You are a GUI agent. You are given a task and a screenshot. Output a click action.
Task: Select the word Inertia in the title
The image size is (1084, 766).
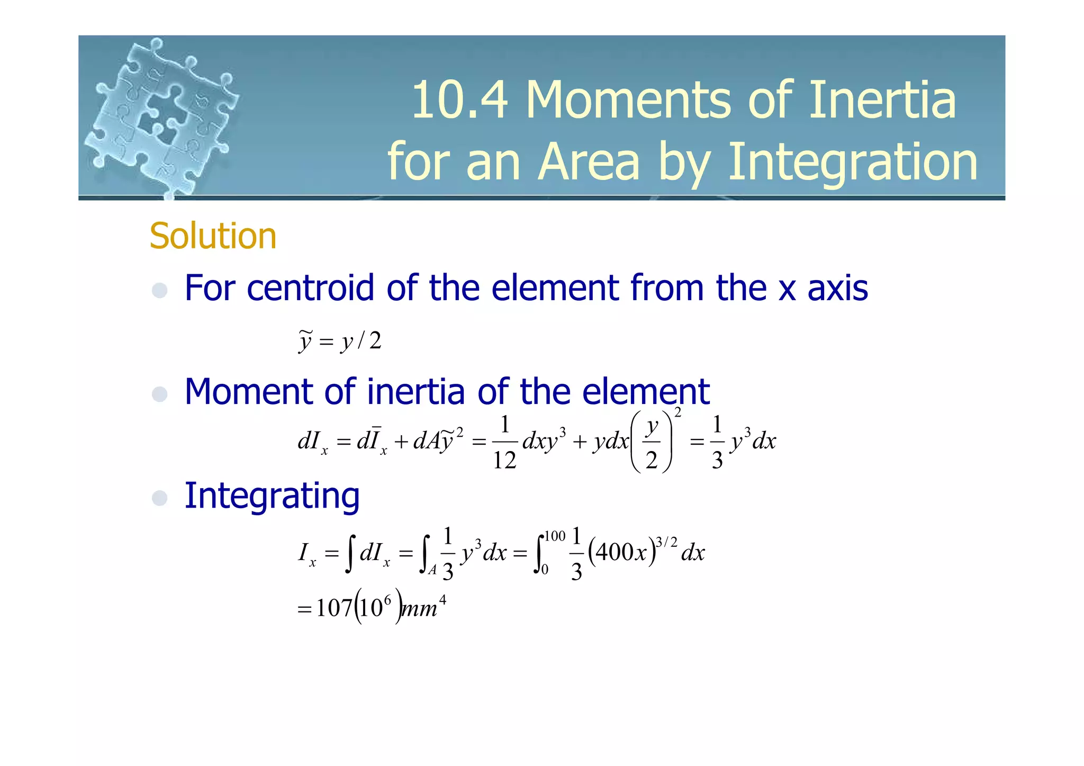point(882,100)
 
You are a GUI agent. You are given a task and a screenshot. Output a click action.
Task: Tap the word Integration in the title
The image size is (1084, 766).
point(853,162)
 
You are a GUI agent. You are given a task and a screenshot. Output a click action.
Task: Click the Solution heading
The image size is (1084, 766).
point(213,236)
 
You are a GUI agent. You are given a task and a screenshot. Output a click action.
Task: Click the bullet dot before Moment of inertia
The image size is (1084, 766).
point(159,394)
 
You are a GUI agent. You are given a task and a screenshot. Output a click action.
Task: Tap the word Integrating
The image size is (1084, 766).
point(272,496)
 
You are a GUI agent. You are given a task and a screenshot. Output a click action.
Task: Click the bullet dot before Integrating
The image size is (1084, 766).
point(159,498)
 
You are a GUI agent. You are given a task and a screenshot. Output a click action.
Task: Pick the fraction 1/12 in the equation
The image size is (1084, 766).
point(504,442)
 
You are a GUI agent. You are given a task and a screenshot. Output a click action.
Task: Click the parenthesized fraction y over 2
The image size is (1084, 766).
point(652,442)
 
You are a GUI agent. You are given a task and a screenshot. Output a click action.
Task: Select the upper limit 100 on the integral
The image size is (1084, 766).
point(555,536)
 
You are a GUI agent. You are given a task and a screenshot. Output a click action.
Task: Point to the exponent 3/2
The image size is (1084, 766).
point(666,542)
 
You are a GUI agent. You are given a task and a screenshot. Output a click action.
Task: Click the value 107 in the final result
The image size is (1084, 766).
point(334,608)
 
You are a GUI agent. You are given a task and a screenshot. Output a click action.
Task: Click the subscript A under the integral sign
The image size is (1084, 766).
point(432,570)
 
